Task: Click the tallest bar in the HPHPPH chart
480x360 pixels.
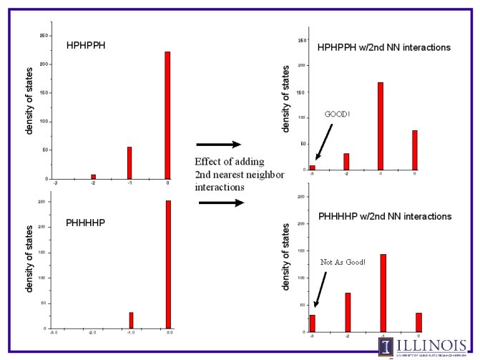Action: pyautogui.click(x=167, y=115)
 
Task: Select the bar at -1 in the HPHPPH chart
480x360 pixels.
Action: pyautogui.click(x=129, y=162)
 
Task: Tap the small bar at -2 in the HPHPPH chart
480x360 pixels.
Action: pyautogui.click(x=93, y=176)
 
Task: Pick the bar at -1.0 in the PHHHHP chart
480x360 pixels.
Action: pyautogui.click(x=131, y=320)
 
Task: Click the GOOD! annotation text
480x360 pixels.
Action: pyautogui.click(x=338, y=114)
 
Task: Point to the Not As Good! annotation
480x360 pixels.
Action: pyautogui.click(x=343, y=262)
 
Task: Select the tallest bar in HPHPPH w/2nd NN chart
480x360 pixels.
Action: pyautogui.click(x=381, y=126)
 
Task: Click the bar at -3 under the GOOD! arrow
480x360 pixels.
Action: pyautogui.click(x=312, y=167)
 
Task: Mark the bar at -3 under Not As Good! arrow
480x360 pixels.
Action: pyautogui.click(x=312, y=323)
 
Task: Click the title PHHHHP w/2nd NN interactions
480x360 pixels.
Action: pyautogui.click(x=384, y=216)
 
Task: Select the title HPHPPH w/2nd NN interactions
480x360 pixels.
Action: pyautogui.click(x=383, y=47)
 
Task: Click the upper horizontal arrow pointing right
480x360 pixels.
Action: pyautogui.click(x=218, y=145)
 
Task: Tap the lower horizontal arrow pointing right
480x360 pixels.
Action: pyautogui.click(x=220, y=203)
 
